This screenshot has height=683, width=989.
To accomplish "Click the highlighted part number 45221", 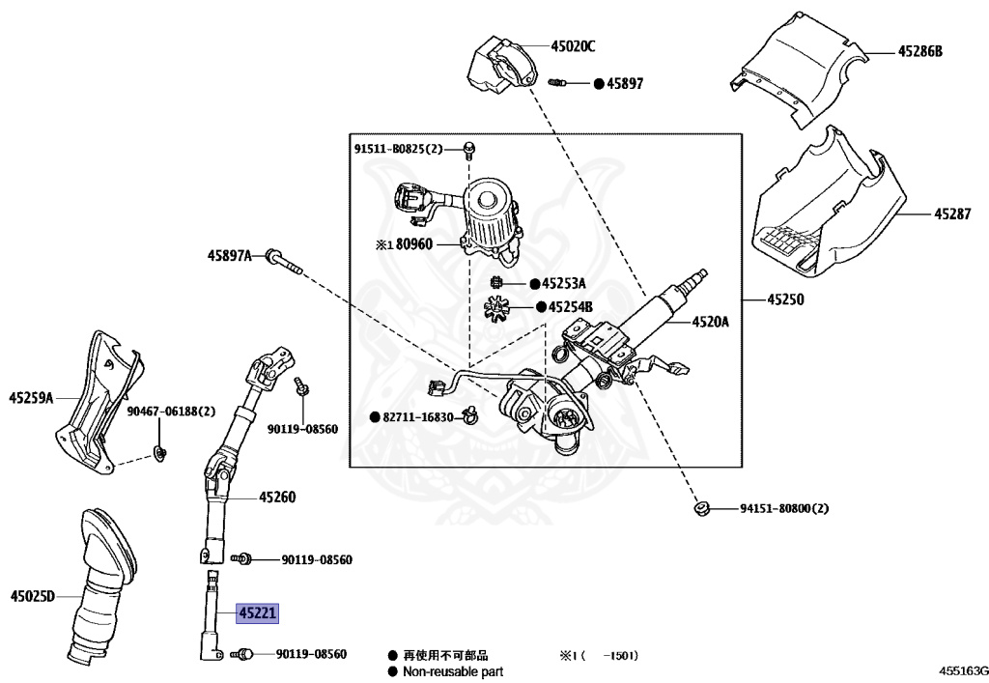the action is point(257,613).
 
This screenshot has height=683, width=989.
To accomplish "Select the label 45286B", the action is point(919,52).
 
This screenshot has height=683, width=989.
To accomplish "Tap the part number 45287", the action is point(952,214).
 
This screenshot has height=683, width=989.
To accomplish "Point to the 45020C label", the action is point(573,46).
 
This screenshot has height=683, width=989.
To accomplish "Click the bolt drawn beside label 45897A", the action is point(285,262).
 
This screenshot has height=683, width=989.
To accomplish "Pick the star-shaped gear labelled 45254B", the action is point(496,308).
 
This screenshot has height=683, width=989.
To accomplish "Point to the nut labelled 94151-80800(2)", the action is point(701,508).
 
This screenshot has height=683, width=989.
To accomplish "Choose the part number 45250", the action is point(785,299).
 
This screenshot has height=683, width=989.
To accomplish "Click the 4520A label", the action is point(710,323).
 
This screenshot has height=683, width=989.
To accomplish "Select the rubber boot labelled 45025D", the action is point(102,584).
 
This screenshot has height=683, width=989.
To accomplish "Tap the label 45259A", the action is point(31,398).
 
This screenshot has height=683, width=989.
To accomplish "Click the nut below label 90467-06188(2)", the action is point(159,452).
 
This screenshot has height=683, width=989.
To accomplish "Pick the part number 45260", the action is point(277,498).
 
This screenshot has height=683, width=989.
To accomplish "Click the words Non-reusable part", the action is point(453,672).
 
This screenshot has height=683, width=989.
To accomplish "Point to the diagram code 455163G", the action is point(963,669).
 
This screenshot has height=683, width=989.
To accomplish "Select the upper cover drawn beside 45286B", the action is point(799,69).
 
